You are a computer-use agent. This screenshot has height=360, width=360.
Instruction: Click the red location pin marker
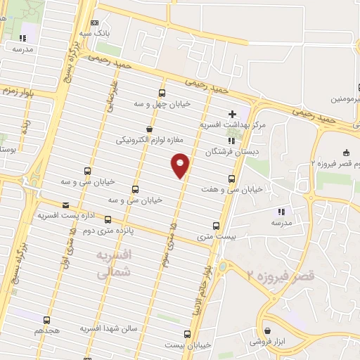[x=181, y=165]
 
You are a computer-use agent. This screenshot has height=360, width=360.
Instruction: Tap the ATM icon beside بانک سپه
[x=95, y=22]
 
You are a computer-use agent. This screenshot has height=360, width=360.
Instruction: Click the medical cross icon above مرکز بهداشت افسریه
[x=233, y=114]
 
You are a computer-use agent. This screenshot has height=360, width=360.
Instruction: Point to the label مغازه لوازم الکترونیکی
[x=149, y=140]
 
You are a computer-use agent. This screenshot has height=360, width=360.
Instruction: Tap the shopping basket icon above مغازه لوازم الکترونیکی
[x=149, y=129]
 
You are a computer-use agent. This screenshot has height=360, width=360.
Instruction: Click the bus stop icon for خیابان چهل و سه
[x=162, y=94]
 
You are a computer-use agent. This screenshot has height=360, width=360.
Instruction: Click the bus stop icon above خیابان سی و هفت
[x=233, y=179]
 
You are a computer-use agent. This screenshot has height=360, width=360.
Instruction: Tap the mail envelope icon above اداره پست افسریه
[x=65, y=206]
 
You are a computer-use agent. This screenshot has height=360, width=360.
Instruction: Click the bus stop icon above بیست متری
[x=216, y=226]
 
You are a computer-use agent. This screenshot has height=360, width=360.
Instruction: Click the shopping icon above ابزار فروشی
[x=267, y=331]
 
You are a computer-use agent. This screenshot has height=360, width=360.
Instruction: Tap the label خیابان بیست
[x=188, y=345]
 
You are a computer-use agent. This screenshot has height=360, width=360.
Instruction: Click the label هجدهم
[x=48, y=330]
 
